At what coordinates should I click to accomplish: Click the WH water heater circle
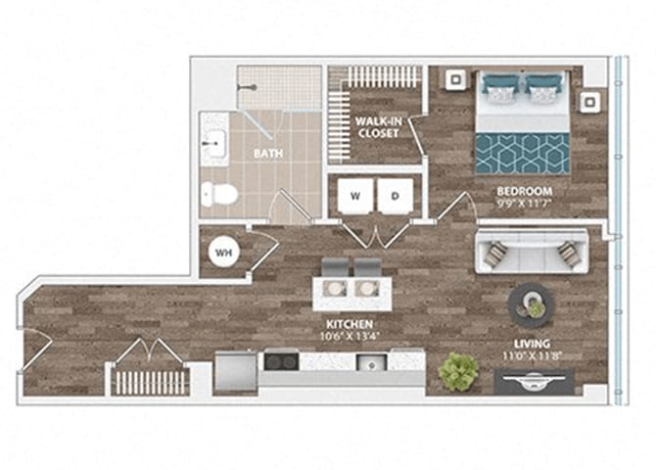click(x=224, y=253)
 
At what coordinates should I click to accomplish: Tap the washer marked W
click(x=354, y=196)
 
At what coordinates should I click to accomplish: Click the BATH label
click(x=267, y=154)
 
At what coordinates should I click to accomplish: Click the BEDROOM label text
click(x=525, y=191)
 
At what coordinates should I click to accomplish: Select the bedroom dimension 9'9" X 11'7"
click(x=525, y=205)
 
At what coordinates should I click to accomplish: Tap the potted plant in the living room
click(x=458, y=371)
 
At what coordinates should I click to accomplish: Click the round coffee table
click(x=530, y=304)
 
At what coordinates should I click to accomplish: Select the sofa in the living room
click(x=530, y=254)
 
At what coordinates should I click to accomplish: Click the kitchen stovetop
click(x=280, y=361)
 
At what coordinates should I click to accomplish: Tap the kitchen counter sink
click(x=373, y=362)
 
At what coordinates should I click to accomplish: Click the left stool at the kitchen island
click(x=335, y=266)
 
